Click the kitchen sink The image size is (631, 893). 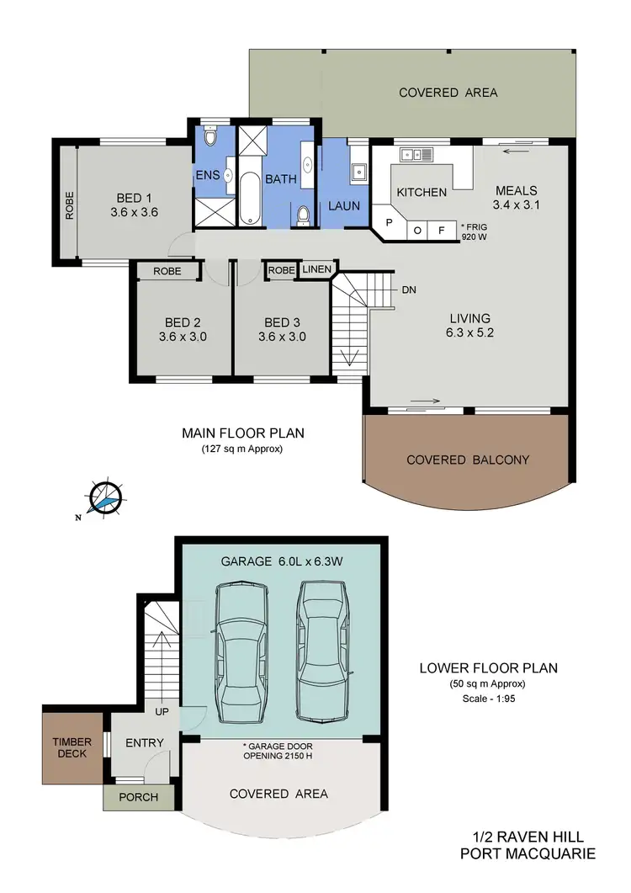(x=416, y=154)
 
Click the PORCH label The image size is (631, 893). (x=138, y=797)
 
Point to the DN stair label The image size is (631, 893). (x=410, y=290)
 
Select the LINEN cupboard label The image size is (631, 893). (x=317, y=270)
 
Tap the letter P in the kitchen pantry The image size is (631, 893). (x=389, y=224)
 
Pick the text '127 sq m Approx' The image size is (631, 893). (x=243, y=449)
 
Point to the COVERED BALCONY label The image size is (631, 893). (x=468, y=460)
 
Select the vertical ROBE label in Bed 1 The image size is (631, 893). (x=69, y=206)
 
